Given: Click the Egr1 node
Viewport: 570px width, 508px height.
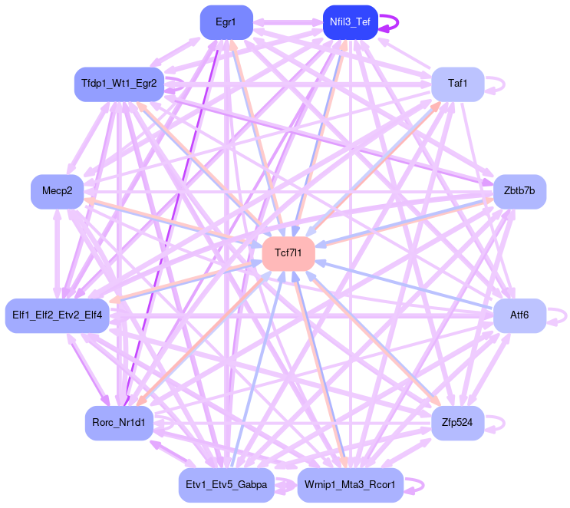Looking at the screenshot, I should (226, 22).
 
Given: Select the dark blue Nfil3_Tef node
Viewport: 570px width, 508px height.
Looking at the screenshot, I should (350, 22).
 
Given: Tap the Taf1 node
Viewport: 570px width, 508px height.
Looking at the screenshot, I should (457, 84).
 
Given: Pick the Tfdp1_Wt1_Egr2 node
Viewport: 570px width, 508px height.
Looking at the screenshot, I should (119, 84).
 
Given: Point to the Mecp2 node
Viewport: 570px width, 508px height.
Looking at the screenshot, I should (57, 191).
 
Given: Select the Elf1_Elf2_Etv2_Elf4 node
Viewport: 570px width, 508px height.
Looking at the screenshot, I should (58, 315).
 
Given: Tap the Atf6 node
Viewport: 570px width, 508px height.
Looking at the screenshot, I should (519, 315).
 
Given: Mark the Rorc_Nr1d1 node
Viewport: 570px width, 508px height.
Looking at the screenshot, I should (119, 423).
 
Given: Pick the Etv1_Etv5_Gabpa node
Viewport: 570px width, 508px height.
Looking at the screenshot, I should (226, 485).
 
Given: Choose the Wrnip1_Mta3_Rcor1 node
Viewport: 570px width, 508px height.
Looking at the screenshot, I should (350, 485).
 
